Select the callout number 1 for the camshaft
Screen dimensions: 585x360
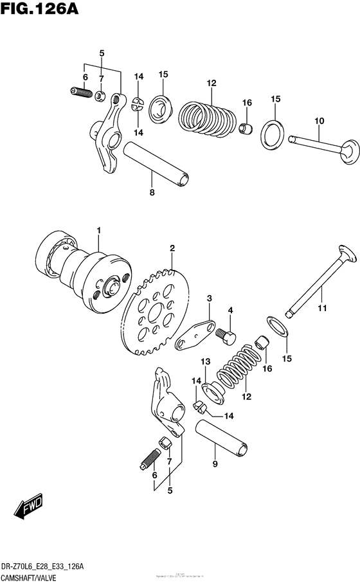tap(99, 230)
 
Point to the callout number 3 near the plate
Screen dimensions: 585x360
tap(210, 298)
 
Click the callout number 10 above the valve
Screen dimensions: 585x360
tap(319, 122)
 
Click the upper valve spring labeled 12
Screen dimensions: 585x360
tap(204, 116)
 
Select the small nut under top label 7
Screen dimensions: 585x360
tap(100, 97)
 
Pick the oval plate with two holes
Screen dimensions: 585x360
tap(195, 334)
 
